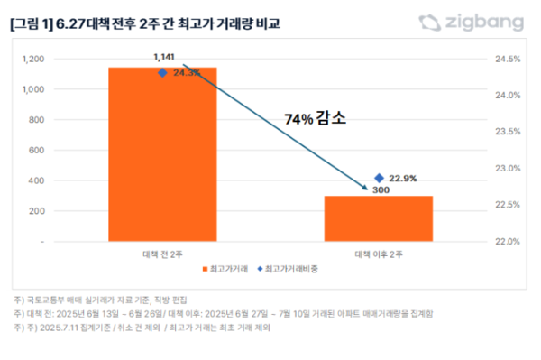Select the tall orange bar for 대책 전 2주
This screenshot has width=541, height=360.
pos(162,153)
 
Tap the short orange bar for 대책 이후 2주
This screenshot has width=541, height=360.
pos(379,218)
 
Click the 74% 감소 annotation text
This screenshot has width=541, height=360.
pos(315,117)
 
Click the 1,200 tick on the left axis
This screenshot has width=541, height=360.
pos(58,60)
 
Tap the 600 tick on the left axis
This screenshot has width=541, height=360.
pos(61,151)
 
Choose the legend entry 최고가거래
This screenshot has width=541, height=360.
pos(227,269)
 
